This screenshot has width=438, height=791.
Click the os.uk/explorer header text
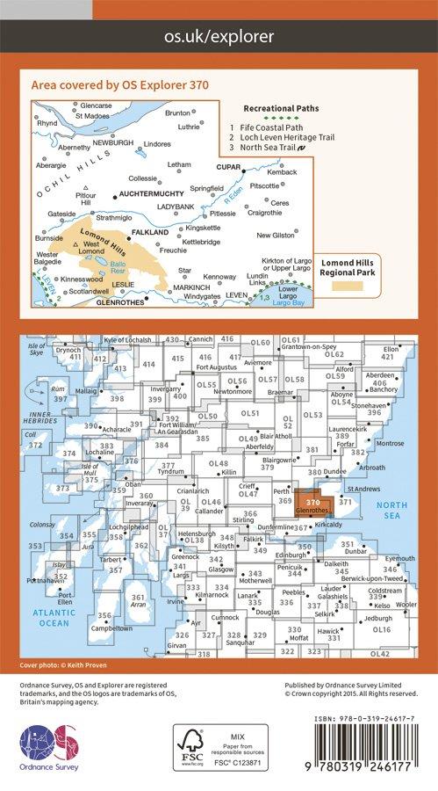[219, 37]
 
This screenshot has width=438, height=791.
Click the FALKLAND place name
[149, 232]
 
